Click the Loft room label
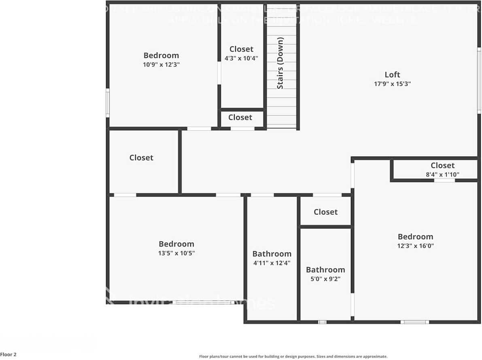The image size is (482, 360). coord(392,74)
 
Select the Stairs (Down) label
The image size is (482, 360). coord(280,63)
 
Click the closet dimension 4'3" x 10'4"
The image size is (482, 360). coord(241,58)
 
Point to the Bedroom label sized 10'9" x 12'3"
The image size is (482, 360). coord(161,55)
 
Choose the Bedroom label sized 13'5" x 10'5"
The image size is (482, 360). coord(176,244)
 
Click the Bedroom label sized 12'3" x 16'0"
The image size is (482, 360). coord(415,237)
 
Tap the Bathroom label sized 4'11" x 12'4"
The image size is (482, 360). coord(272,254)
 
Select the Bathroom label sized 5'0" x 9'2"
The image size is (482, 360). coord(325,270)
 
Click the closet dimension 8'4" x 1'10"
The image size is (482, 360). coord(442,175)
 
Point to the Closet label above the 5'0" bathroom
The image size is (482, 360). coord(325,212)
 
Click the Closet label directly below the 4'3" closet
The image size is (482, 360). coord(240,117)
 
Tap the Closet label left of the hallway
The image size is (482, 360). coord(141,158)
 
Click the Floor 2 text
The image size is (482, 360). coord(8,355)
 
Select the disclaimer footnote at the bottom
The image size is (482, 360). coord(293,356)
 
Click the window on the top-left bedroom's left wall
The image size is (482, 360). coord(108,103)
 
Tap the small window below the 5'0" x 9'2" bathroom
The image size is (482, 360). coord(322,322)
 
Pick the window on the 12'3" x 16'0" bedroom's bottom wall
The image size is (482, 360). coord(414,322)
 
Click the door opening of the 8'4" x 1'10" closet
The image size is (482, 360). coord(444,180)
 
